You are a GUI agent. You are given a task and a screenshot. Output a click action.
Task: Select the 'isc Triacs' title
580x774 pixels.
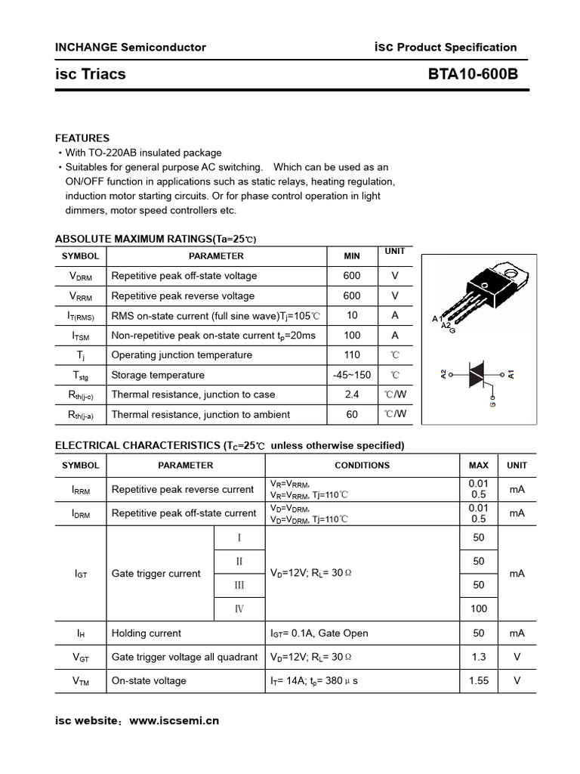tap(91, 74)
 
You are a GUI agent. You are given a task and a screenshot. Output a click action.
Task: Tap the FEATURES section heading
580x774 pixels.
tap(82, 138)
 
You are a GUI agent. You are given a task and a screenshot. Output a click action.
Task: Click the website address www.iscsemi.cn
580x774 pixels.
tap(174, 720)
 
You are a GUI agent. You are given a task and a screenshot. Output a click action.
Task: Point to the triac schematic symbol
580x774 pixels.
tap(477, 374)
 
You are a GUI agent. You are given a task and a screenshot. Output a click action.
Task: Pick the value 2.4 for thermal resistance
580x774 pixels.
tap(351, 395)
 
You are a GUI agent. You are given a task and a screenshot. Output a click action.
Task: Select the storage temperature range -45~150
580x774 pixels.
tap(351, 375)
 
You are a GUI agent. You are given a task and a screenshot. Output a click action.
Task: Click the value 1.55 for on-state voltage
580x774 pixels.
tap(478, 680)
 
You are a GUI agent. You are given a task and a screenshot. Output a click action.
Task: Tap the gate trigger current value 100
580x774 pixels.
tap(478, 608)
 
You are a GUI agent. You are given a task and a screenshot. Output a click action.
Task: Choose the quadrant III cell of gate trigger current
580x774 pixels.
tap(239, 585)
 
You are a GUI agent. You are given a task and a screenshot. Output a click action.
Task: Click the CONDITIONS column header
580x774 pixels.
tap(362, 466)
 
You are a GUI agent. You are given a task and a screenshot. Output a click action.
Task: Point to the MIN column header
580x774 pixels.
tap(351, 256)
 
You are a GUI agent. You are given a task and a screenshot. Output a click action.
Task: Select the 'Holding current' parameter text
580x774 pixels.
tap(147, 633)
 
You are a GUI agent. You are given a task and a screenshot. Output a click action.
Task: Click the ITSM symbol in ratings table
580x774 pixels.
tap(80, 336)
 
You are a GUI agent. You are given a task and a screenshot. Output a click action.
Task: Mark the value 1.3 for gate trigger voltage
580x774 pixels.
tap(478, 657)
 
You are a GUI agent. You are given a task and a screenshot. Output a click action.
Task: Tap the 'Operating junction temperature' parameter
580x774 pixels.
tap(182, 355)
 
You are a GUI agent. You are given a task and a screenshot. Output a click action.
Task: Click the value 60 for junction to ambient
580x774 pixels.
tap(351, 414)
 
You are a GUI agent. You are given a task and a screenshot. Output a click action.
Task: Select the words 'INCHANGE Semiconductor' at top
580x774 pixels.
tap(131, 47)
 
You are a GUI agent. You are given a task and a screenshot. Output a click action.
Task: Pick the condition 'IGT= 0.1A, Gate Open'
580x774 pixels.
tap(319, 633)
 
